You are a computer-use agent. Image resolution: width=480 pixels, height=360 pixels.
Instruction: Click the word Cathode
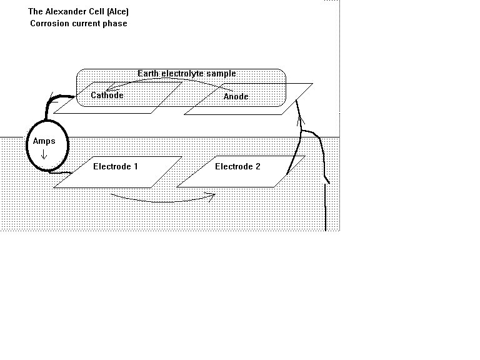coord(107,96)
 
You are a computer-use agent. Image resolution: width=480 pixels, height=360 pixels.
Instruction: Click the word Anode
coord(236,97)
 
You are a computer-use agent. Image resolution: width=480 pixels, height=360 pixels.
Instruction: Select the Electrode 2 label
coord(238,167)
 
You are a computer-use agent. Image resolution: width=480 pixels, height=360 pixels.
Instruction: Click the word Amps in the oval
coord(44,141)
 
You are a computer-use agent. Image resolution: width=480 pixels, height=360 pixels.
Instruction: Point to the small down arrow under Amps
coord(44,153)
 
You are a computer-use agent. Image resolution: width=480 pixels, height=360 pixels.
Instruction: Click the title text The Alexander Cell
coord(79,12)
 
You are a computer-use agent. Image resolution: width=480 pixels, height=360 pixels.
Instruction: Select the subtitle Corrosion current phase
coord(79,24)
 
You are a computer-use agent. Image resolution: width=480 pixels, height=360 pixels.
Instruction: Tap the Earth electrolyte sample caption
coord(187,74)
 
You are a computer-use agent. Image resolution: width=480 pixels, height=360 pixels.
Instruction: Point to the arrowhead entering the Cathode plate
coord(109,89)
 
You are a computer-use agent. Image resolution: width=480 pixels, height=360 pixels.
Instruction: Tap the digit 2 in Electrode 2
coord(258,167)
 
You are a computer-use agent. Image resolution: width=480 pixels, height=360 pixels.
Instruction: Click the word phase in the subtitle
coord(116,24)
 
